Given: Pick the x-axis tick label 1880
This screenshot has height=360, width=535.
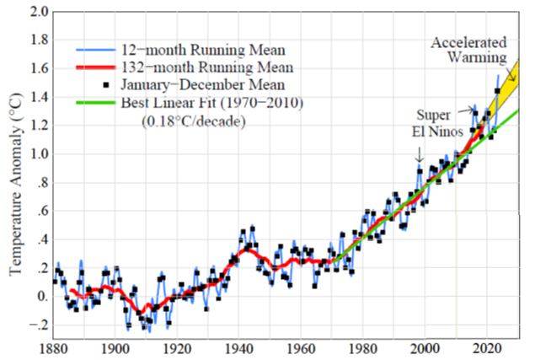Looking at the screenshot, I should pyautogui.click(x=53, y=347).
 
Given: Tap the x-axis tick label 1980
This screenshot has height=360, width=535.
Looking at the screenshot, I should pyautogui.click(x=363, y=347).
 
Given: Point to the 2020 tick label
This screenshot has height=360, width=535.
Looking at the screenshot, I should pyautogui.click(x=487, y=347).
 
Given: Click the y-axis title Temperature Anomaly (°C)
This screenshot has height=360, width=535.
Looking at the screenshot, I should pyautogui.click(x=14, y=180).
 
